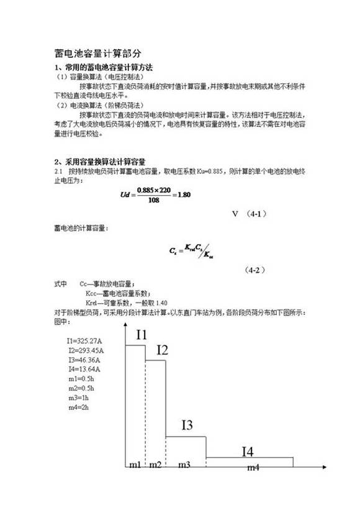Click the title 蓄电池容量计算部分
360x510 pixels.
99,54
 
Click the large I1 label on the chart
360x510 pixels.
142,335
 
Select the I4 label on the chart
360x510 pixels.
247,452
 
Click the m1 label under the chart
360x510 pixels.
135,465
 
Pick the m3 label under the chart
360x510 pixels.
185,465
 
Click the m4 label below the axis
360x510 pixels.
253,467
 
